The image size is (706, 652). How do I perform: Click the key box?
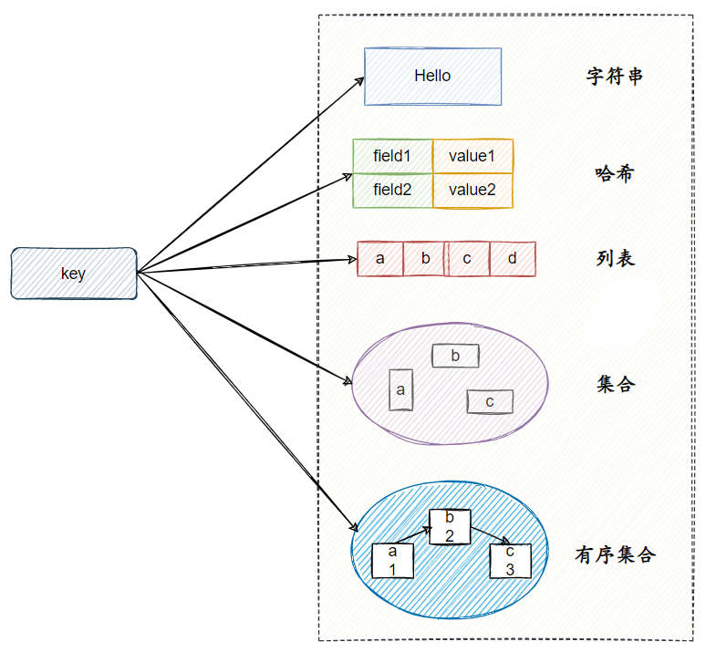[x=74, y=273]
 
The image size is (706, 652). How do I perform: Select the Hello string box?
[x=432, y=77]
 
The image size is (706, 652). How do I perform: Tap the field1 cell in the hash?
[x=392, y=156]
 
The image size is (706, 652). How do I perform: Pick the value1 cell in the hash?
[x=472, y=156]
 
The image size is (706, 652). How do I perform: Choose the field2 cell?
[x=392, y=191]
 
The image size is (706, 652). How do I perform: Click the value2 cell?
[x=472, y=191]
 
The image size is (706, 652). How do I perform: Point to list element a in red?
[x=380, y=259]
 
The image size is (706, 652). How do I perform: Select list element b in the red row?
[x=425, y=259]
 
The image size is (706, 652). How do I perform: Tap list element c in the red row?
[x=468, y=259]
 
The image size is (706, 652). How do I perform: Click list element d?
[x=513, y=259]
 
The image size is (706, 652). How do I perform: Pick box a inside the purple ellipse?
[x=401, y=389]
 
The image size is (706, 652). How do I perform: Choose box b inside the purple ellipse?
[x=455, y=356]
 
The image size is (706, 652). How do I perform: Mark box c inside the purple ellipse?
[x=490, y=401]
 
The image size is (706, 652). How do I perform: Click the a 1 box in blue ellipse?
[x=393, y=560]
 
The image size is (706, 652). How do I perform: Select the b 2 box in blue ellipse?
[x=450, y=526]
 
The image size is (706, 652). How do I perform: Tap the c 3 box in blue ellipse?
[x=511, y=560]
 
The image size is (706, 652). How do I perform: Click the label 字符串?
[x=615, y=77]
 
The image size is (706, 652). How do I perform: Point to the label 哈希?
[x=615, y=173]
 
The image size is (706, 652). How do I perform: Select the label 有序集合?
[x=615, y=554]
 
